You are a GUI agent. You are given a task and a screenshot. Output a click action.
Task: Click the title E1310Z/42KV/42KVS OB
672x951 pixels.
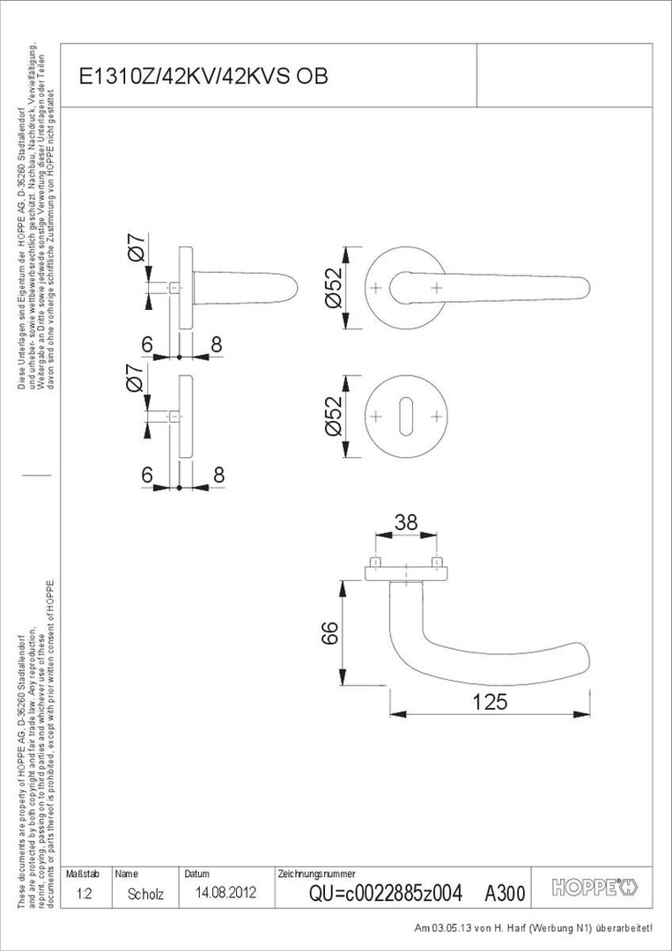[203, 77]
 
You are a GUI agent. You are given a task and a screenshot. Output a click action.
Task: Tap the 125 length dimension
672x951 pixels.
[490, 702]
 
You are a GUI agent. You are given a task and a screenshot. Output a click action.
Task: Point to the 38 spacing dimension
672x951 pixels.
[405, 521]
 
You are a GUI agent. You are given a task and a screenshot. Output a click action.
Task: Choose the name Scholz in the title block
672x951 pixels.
[145, 894]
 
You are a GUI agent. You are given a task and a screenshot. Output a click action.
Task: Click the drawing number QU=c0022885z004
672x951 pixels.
[385, 893]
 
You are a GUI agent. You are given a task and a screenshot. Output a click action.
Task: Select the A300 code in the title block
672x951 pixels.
[505, 894]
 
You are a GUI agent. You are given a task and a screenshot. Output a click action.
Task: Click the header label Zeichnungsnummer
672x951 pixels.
[316, 874]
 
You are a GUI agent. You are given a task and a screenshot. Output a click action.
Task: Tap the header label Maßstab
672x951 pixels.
[83, 874]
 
